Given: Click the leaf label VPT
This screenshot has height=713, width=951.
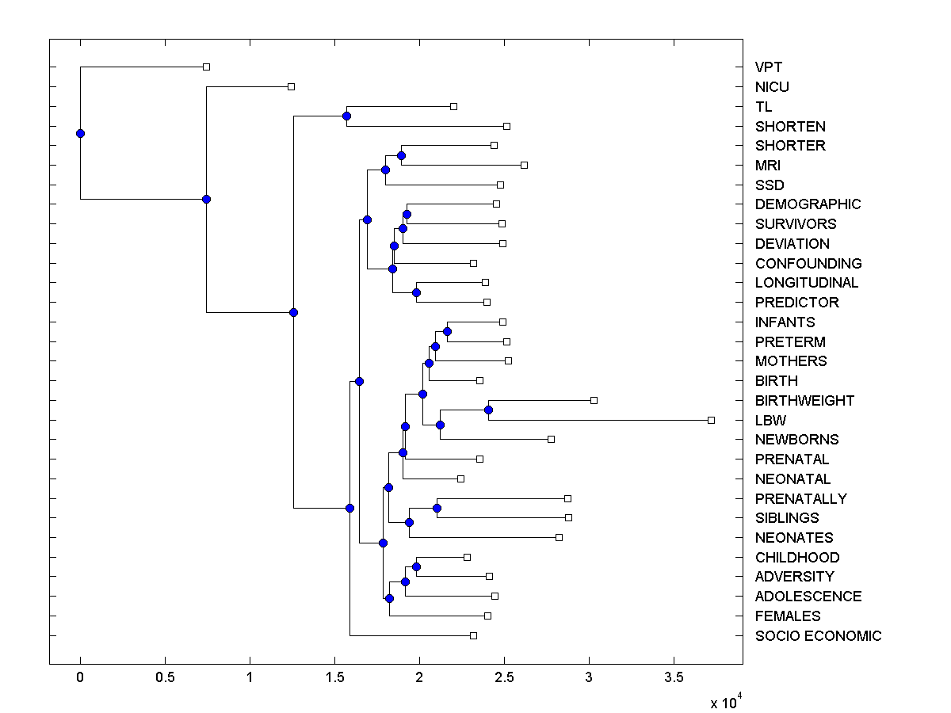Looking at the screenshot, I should point(769,67).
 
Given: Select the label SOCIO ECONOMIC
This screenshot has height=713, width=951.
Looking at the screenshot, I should point(818,636).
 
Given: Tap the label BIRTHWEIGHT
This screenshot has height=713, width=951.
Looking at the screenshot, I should point(804,401).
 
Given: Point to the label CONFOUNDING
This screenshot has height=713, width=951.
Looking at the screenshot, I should point(808,264).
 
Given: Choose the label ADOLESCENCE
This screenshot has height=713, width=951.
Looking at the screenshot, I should point(808,597).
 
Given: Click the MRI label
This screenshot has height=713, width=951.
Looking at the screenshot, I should point(768,166).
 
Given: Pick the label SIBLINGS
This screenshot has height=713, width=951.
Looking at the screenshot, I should point(787,518).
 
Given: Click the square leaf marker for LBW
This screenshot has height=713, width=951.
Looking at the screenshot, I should point(711,420).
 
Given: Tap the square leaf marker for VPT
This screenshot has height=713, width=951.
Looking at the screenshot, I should point(206,67).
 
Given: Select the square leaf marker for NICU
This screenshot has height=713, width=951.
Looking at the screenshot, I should point(291,86).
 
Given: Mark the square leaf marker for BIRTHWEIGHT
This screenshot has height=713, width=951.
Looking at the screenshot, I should point(594,400).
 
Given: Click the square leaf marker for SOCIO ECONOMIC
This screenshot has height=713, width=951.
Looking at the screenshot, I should point(473,635).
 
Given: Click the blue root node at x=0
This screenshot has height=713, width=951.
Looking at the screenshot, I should point(80,133).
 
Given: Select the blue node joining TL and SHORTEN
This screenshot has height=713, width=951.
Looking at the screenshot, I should point(346,116).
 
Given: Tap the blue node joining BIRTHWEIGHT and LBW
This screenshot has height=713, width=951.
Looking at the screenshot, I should point(488,410).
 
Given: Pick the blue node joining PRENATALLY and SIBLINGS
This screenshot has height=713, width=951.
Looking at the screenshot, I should point(437,508).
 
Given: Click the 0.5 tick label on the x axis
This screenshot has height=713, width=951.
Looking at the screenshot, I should point(165,677).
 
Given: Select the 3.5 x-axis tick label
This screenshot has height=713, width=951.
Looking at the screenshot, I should point(674,677).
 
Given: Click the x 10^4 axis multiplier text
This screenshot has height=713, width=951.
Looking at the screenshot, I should point(724,702).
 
